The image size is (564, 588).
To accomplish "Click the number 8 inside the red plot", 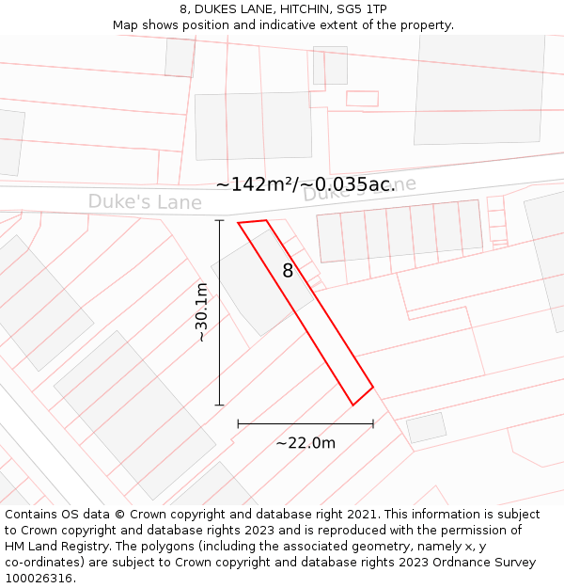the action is tap(288, 271).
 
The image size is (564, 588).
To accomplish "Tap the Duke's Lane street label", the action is tap(145, 202).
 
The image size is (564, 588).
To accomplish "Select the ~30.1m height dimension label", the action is tap(201, 312).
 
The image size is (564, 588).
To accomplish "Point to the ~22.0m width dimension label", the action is tap(305, 443).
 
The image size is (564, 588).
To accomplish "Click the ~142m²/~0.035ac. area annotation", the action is tap(305, 184).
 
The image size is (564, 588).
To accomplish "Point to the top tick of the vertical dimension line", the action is tap(220, 221).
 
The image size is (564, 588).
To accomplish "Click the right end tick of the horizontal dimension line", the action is tap(373, 424).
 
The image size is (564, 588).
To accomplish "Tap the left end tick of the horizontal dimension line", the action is tap(238, 424).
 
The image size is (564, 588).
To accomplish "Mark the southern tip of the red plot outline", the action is tap(353, 405).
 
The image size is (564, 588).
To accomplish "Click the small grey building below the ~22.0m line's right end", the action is tap(426, 428).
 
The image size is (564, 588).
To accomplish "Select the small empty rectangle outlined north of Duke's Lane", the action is tap(362, 99).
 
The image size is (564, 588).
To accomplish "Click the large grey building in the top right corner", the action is tap(479, 89).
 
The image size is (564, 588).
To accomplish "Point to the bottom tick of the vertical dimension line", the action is tap(220, 405).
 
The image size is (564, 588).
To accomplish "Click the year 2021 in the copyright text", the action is tap(360, 515).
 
